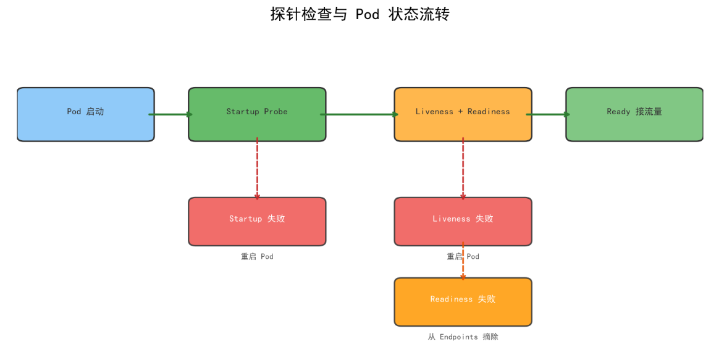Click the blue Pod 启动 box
coord(86,114)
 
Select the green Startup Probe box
coord(257,114)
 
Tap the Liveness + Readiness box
coord(463,114)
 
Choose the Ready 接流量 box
coord(634,114)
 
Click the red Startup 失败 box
coord(257,222)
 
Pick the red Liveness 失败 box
coord(463,222)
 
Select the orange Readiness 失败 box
coord(463,302)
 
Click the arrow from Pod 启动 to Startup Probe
coord(171,114)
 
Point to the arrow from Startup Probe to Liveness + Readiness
coord(360,114)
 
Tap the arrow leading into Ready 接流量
coord(549,114)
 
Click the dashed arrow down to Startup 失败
coord(257,169)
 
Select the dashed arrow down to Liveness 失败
coord(463,169)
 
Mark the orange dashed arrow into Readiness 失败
coord(463,261)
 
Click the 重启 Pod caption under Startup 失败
coord(257,257)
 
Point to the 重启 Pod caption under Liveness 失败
coord(463,257)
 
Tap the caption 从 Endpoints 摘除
coord(463,337)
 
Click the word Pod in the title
coord(368,14)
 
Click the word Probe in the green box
coord(276,112)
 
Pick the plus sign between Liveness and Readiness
coord(460,112)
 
